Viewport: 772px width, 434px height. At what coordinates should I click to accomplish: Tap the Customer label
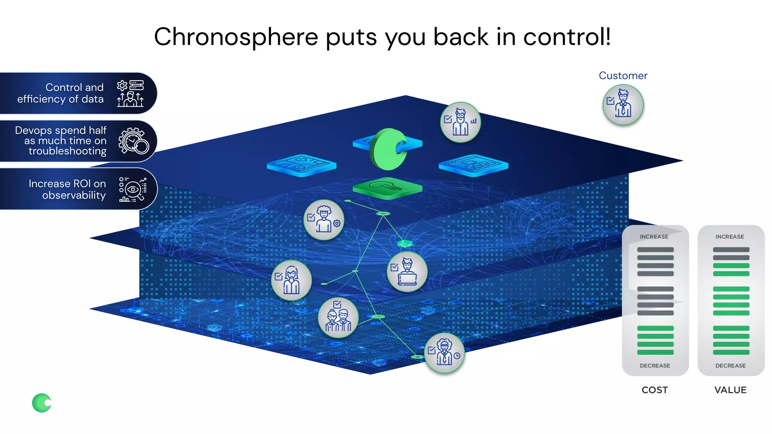(623, 76)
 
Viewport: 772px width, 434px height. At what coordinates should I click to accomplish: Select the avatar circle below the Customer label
(623, 105)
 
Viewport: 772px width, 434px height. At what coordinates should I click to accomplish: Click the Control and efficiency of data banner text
(60, 93)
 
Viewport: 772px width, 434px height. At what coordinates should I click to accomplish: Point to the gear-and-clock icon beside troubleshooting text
(133, 141)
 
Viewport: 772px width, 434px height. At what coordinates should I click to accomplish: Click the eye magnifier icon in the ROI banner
(133, 189)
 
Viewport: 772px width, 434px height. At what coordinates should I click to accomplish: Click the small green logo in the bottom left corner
(41, 403)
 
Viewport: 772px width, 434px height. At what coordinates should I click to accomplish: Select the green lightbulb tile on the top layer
(387, 187)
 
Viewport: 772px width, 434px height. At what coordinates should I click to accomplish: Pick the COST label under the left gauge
(654, 390)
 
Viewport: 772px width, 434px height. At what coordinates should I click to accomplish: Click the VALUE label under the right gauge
(730, 390)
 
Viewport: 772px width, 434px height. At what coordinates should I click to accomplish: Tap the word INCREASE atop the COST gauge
(654, 237)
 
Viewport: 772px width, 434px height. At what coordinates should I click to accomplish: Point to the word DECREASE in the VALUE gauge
(730, 365)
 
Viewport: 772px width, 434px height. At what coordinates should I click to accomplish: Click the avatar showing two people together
(338, 317)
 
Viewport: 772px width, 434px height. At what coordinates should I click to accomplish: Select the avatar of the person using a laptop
(407, 272)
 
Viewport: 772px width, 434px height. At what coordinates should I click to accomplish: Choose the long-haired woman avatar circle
(291, 280)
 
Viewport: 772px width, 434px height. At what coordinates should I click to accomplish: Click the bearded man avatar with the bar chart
(460, 122)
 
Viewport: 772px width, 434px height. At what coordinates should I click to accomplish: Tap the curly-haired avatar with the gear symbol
(323, 220)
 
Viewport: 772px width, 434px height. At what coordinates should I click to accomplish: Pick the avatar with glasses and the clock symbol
(444, 353)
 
